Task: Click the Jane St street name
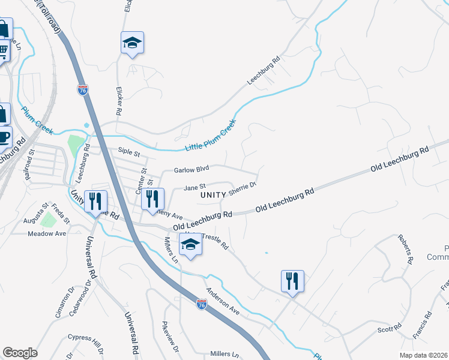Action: click(194, 187)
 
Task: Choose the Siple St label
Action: click(129, 153)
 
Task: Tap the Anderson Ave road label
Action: click(223, 302)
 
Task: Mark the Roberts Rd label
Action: click(406, 250)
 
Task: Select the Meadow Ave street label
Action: click(47, 233)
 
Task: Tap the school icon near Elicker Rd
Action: click(132, 43)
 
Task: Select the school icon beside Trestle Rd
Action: click(190, 244)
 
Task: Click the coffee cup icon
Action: click(4, 137)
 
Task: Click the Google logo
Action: click(20, 353)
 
